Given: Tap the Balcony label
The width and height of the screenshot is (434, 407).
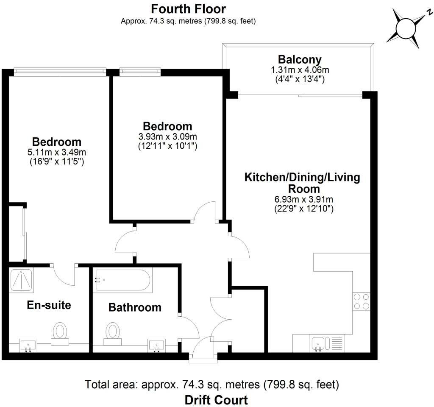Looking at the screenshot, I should click(x=300, y=59).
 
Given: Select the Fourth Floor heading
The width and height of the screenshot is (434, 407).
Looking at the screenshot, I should click(x=188, y=8).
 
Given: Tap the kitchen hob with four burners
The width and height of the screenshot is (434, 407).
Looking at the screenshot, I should click(x=361, y=301).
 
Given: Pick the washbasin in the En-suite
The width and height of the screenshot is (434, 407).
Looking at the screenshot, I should click(x=28, y=345).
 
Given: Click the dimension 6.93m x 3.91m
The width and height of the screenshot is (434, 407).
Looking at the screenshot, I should click(x=302, y=199).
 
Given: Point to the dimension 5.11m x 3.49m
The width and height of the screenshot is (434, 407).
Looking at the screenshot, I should click(x=57, y=152).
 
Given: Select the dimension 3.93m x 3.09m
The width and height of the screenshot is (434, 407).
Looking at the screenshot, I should click(x=167, y=137).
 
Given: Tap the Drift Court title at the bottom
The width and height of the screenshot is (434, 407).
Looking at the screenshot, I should click(x=216, y=399).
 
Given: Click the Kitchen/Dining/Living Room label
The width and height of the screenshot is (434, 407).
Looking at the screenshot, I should click(x=302, y=182).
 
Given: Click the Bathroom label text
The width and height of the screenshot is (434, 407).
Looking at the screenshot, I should click(x=135, y=307).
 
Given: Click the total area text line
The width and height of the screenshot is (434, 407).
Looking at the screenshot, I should click(x=212, y=385).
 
